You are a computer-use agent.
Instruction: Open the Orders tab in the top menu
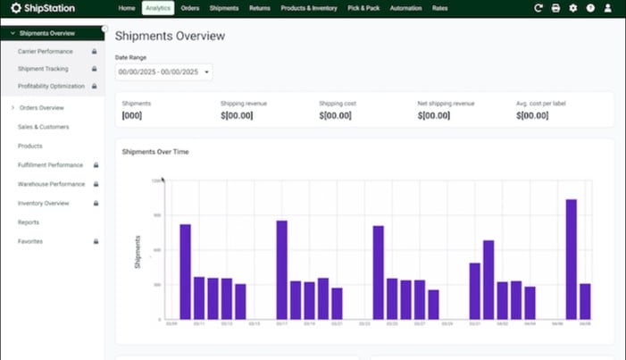coord(189,8)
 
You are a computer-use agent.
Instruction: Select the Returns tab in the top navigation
coord(260,8)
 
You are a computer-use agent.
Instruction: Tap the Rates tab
coord(439,8)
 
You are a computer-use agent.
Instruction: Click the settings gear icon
coord(572,8)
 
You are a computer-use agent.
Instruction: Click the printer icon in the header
coord(555,8)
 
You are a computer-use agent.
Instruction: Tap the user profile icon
coord(607,8)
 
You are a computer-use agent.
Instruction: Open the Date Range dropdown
coord(163,71)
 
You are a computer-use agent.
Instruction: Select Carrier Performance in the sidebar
coord(46,51)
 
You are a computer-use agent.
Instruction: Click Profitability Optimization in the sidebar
coord(51,86)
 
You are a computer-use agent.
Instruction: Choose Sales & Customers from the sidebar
coord(43,127)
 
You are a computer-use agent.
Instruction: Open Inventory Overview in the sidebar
coord(43,203)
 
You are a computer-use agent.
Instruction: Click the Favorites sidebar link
coord(30,241)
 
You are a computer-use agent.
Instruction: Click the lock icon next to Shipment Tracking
coord(94,69)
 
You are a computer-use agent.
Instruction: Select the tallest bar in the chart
coord(571,259)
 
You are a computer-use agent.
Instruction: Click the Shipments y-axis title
coord(138,252)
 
